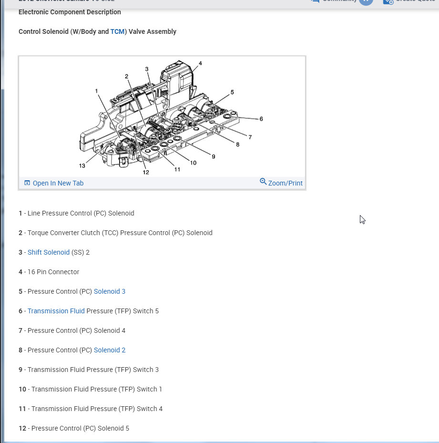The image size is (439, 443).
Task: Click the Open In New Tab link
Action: [58, 183]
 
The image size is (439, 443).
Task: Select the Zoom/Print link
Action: [285, 183]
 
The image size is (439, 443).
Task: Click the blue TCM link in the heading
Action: [117, 31]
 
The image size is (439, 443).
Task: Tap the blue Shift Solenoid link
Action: [49, 252]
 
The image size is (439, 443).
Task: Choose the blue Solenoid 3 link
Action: [110, 291]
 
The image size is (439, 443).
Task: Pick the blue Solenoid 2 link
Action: [110, 350]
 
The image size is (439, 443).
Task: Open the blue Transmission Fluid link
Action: [56, 311]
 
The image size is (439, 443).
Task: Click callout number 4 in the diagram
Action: [200, 63]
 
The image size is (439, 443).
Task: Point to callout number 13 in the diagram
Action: [82, 165]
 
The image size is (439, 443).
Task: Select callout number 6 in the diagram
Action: [261, 119]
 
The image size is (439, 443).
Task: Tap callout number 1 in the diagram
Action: [96, 90]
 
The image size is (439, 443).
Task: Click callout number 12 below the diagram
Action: [146, 172]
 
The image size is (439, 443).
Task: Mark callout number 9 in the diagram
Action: [213, 156]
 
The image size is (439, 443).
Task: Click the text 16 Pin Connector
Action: [53, 272]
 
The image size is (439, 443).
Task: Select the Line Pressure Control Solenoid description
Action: [81, 213]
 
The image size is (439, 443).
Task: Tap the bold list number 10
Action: [22, 389]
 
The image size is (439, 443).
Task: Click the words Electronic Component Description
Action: [70, 12]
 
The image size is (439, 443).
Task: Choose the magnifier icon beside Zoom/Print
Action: [263, 182]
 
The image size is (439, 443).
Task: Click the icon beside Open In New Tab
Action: [27, 183]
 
